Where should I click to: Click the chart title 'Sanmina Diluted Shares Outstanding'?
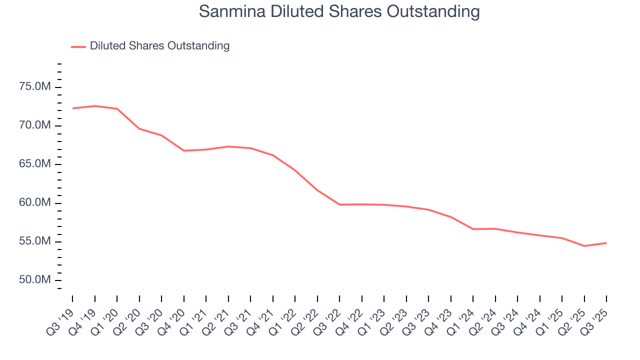coord(339,11)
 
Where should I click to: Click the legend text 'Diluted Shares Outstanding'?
coord(159,46)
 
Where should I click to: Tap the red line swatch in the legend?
coord(78,46)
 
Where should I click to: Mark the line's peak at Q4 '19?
coord(94,106)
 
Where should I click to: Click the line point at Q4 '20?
coord(183,150)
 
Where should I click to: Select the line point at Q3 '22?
coord(339,204)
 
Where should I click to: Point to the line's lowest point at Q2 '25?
coord(584,246)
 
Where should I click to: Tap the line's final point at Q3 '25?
coord(606,243)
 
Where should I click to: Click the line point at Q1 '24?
coord(473,229)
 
